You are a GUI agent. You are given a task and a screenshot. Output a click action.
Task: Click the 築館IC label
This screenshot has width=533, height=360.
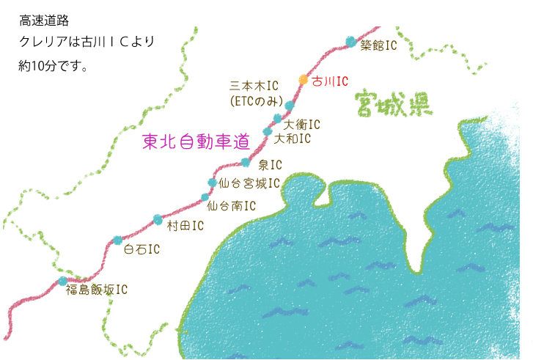click(x=378, y=45)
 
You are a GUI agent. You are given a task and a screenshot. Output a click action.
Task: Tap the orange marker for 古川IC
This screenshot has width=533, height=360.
click(x=304, y=79)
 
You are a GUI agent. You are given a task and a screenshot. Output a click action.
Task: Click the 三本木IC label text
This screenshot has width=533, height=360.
click(x=254, y=86)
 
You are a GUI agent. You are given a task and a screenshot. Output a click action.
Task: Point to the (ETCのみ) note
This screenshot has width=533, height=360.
click(x=255, y=100)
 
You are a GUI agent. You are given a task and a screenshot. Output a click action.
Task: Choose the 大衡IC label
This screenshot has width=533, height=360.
click(x=303, y=124)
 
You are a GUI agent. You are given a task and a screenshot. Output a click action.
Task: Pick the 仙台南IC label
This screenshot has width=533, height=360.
click(x=232, y=206)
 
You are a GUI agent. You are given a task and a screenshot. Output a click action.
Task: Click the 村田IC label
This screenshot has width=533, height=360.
click(x=185, y=226)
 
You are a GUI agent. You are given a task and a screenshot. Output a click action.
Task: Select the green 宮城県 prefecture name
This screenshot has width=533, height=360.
click(x=392, y=105)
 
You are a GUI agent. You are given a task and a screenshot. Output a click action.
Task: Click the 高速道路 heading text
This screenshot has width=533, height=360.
click(x=45, y=21)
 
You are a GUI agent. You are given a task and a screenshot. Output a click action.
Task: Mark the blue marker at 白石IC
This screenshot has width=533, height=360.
click(x=117, y=240)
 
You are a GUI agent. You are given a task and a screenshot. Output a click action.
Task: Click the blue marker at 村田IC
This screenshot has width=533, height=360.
click(x=158, y=218)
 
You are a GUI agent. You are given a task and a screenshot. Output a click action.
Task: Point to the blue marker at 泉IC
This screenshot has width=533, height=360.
click(x=246, y=163)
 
